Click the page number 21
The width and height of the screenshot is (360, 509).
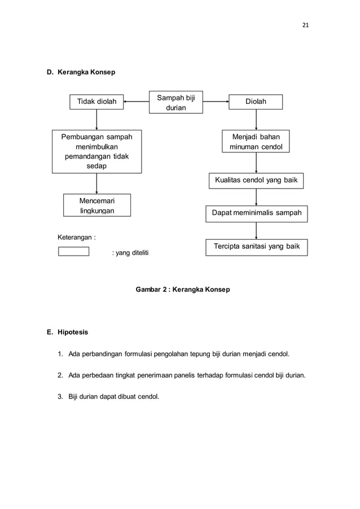click(306, 25)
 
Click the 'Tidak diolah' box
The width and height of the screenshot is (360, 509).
click(96, 102)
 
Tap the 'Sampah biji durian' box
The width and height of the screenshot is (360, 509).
click(176, 102)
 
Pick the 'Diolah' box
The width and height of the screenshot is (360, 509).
click(256, 102)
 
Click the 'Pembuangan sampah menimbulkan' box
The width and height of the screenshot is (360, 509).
click(96, 151)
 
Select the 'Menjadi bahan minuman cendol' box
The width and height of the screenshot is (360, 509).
click(256, 142)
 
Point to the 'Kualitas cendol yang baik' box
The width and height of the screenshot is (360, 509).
click(256, 181)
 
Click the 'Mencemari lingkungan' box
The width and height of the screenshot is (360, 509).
click(96, 205)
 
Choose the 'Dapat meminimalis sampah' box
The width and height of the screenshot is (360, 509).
click(256, 213)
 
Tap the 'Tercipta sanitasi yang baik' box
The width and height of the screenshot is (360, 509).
click(256, 247)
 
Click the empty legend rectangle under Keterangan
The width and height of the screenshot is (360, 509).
click(74, 251)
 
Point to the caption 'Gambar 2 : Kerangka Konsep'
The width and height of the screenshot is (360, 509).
click(183, 289)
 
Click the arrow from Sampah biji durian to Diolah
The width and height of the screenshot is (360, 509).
click(216, 102)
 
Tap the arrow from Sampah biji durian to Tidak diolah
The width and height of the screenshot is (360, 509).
click(136, 102)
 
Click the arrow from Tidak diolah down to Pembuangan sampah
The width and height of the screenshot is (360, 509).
click(96, 120)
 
